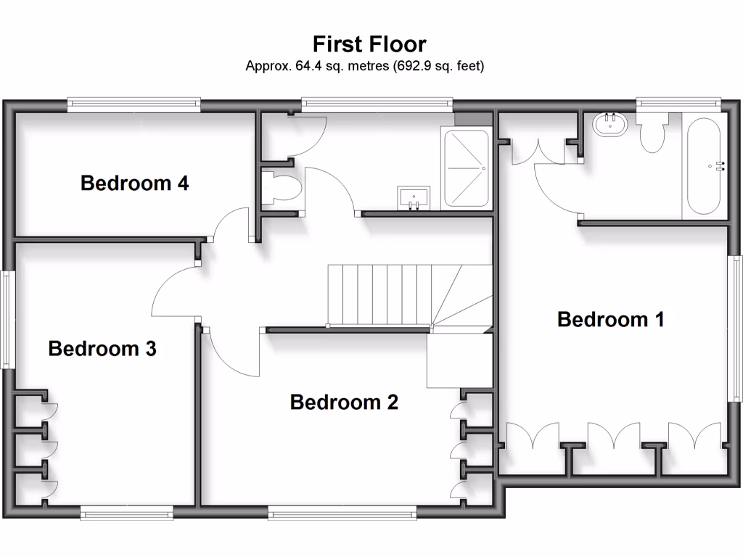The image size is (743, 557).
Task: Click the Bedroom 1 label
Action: point(610,319)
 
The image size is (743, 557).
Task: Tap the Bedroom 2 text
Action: point(344,402)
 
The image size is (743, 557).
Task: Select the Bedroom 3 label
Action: point(102,349)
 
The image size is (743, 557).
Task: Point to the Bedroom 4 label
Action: point(135,183)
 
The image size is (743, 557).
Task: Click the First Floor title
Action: point(369,44)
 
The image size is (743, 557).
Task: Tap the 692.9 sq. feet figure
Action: point(438,66)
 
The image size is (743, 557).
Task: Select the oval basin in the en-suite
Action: point(611,125)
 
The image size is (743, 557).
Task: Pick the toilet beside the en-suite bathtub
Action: point(652,134)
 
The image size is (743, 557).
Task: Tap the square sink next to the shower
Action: point(414,197)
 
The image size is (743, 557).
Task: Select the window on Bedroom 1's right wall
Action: point(736,328)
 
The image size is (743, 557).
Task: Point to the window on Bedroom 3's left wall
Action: point(7,320)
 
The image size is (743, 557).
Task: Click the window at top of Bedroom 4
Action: point(134,105)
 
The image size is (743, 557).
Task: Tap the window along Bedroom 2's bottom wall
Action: point(342,513)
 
